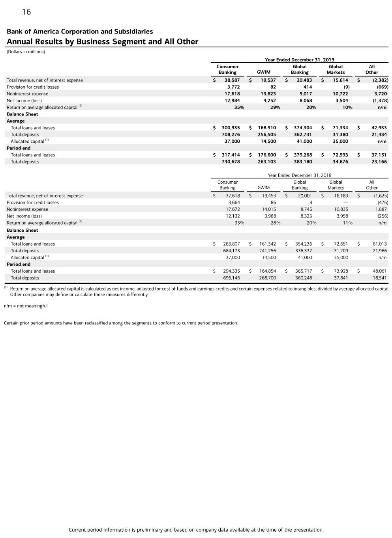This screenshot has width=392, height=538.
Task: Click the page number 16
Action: pyautogui.click(x=26, y=12)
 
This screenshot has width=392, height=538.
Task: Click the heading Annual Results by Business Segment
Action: pyautogui.click(x=102, y=42)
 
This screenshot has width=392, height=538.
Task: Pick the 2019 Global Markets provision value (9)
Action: pyautogui.click(x=346, y=87)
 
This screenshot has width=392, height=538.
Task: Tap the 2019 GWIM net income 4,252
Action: pyautogui.click(x=268, y=101)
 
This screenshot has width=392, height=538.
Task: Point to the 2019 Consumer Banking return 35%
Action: pyautogui.click(x=239, y=107)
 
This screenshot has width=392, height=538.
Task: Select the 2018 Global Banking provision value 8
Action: pyautogui.click(x=310, y=203)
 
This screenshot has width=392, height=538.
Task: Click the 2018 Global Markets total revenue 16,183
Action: pyautogui.click(x=341, y=196)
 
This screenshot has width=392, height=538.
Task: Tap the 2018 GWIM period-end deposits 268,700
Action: pyautogui.click(x=267, y=278)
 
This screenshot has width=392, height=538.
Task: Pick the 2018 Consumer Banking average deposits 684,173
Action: pyautogui.click(x=231, y=251)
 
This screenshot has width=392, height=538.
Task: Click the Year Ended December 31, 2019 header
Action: pyautogui.click(x=299, y=60)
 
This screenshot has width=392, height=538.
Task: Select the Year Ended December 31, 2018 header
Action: pyautogui.click(x=299, y=175)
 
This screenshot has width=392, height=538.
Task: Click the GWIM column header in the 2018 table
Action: pyautogui.click(x=263, y=188)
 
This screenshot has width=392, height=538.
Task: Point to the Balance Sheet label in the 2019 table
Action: pyautogui.click(x=22, y=114)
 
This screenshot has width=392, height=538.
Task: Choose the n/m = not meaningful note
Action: pyautogui.click(x=26, y=306)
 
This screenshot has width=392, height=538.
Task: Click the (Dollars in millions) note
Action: pyautogui.click(x=26, y=52)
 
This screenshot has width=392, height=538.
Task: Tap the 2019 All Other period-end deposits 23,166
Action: pyautogui.click(x=379, y=162)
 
